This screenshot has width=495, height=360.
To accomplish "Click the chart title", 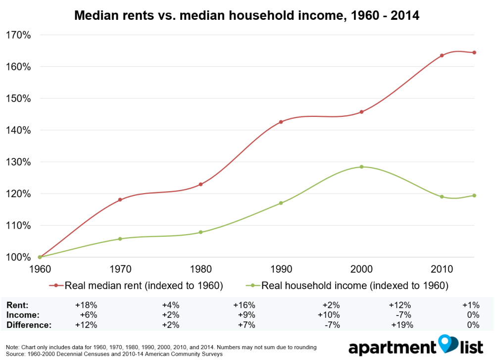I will (x=247, y=15).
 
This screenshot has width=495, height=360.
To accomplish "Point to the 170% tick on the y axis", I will (x=18, y=35).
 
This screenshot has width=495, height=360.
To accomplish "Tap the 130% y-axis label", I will (x=18, y=162).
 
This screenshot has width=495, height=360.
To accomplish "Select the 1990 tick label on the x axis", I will (x=281, y=269).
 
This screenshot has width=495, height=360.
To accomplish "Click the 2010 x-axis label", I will (x=442, y=269).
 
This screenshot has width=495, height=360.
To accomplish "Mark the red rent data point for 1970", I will (x=120, y=200).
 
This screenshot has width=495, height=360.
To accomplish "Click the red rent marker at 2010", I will (x=442, y=55).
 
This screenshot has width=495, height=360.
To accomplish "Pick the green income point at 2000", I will (x=361, y=167).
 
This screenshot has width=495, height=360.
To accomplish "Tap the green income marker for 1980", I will (x=200, y=232).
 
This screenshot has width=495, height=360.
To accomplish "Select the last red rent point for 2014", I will (x=474, y=52).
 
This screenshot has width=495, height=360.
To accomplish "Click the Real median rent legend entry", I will (x=137, y=285).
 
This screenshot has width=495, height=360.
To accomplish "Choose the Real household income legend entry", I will (x=348, y=285).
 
